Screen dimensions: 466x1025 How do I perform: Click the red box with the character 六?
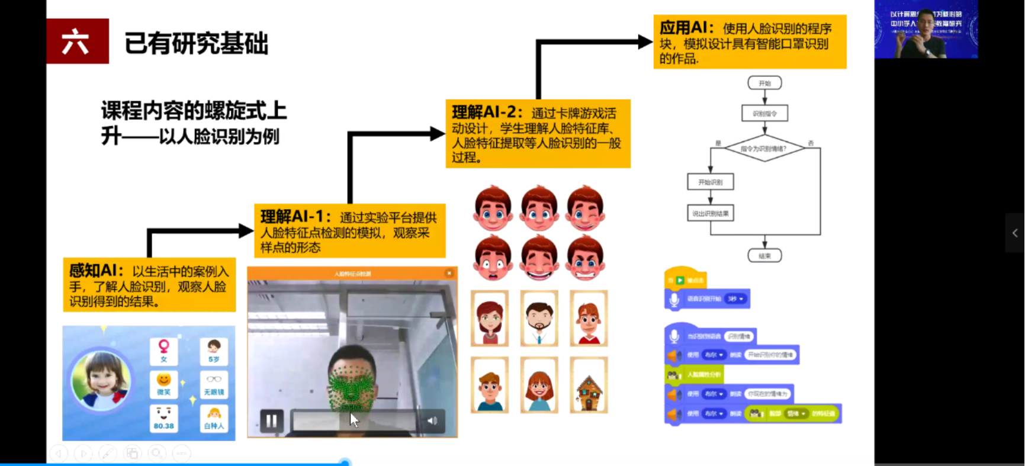(x=77, y=41)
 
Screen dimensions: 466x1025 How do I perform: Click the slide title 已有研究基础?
(x=196, y=43)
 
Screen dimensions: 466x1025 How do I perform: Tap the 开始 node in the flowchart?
(x=764, y=83)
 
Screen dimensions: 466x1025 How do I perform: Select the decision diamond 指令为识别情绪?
(x=764, y=149)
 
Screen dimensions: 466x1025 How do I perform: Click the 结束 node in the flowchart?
(x=764, y=256)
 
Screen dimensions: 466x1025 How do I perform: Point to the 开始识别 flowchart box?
(x=710, y=182)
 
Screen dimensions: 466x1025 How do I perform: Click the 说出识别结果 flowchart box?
(x=710, y=213)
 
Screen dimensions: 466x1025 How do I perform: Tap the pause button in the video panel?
(x=271, y=421)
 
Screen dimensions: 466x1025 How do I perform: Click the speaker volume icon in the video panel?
(x=432, y=421)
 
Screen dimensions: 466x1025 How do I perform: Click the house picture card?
(x=589, y=385)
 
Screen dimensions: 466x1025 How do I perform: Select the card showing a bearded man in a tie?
(x=539, y=319)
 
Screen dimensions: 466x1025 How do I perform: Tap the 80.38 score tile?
(x=163, y=418)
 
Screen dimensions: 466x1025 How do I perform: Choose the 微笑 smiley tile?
(x=163, y=384)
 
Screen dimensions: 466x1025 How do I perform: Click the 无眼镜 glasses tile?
(x=214, y=384)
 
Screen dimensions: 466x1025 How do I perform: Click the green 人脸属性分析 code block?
(x=694, y=374)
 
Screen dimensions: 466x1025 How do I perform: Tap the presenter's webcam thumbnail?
(x=926, y=30)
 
